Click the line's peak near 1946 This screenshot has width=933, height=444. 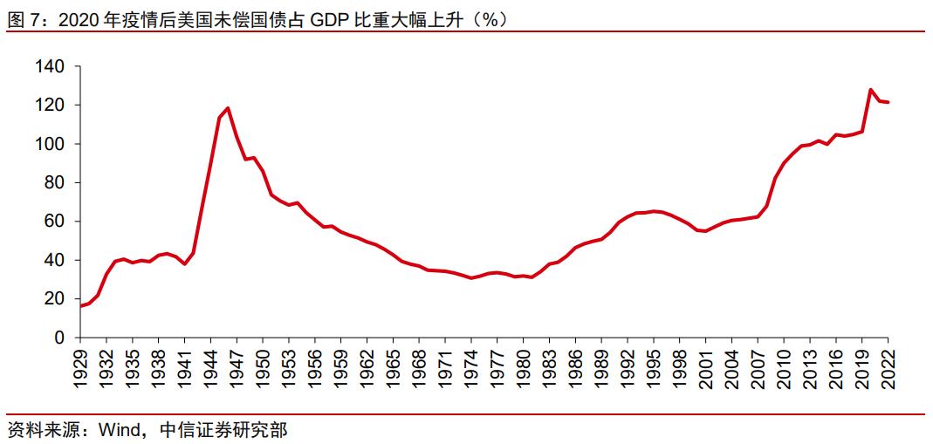[x=228, y=108]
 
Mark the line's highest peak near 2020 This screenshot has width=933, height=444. [x=870, y=89]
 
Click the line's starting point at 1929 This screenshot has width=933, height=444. [x=80, y=306]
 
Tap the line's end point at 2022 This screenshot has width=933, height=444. [x=888, y=102]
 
